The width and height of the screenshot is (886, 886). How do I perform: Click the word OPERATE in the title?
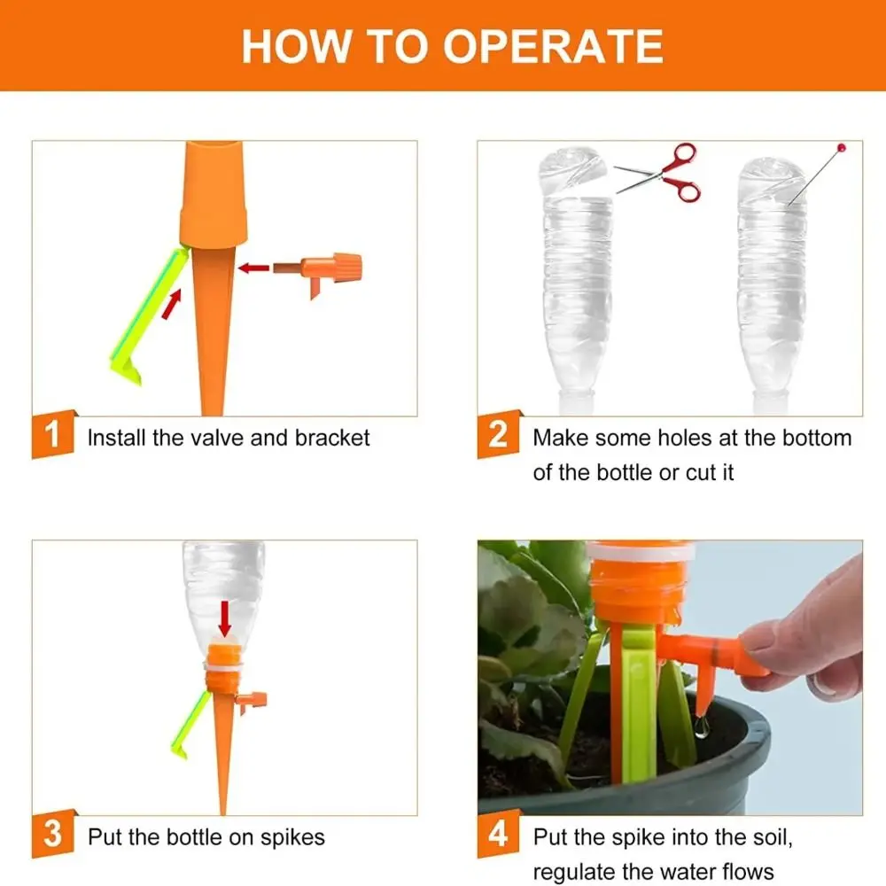[x=553, y=46]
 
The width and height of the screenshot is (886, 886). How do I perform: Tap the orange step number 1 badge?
[x=52, y=434]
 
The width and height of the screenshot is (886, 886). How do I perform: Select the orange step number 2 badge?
[x=498, y=434]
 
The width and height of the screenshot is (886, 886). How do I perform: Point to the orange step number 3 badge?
[x=52, y=834]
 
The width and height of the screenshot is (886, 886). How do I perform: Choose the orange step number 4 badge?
[x=498, y=834]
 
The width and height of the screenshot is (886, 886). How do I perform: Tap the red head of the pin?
[x=842, y=148]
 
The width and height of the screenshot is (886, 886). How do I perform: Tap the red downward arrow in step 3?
[x=225, y=618]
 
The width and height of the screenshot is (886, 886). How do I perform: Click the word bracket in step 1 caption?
[x=332, y=438]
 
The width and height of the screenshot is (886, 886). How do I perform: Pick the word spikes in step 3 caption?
[x=292, y=838]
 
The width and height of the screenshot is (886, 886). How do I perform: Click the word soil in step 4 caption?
[x=773, y=837]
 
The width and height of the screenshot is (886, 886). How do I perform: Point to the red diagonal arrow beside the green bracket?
[x=171, y=303]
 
